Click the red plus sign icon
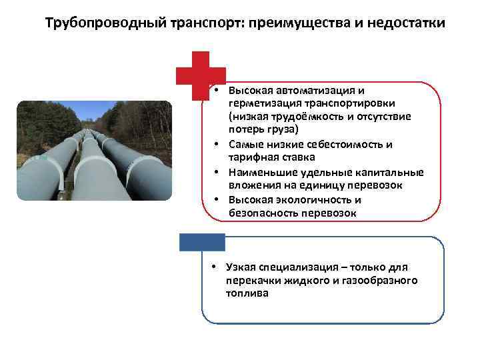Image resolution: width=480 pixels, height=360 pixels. point(201,75)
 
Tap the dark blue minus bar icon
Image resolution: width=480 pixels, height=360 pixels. point(201,241)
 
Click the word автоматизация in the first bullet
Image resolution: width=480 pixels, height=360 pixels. point(309,91)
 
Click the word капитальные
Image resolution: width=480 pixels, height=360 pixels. point(389,172)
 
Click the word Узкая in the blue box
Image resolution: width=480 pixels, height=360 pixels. point(242,267)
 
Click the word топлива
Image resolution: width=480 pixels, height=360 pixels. point(247,293)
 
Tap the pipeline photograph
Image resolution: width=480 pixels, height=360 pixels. point(94,150)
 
